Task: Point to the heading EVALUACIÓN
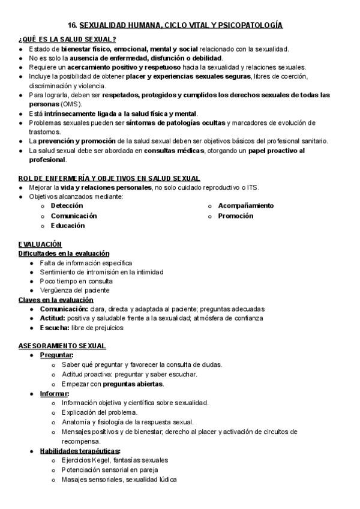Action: click(x=40, y=244)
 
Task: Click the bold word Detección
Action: click(x=67, y=206)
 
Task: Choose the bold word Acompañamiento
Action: click(x=245, y=206)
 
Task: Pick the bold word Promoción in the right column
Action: click(x=235, y=215)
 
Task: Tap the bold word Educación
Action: click(x=67, y=226)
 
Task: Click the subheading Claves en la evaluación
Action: click(x=56, y=300)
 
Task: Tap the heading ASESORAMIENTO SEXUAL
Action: click(x=62, y=346)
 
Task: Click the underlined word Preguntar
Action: click(x=56, y=355)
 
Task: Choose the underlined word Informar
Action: click(x=54, y=393)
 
